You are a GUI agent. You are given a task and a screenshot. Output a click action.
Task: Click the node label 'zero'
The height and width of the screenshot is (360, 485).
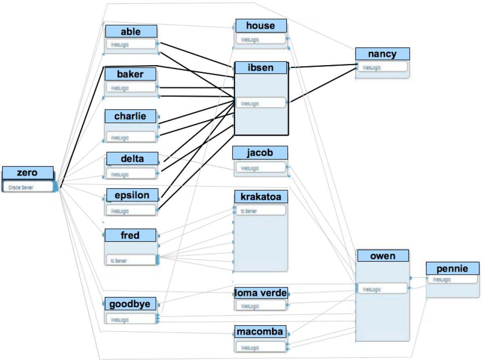[27, 173]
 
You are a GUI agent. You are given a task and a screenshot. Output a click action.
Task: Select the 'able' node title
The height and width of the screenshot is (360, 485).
[131, 32]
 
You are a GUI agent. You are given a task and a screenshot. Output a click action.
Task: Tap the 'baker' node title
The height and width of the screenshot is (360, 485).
[130, 74]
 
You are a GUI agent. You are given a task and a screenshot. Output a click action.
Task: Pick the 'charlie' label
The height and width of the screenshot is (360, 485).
[130, 116]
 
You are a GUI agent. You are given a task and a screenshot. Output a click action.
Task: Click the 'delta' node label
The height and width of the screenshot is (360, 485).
[132, 159]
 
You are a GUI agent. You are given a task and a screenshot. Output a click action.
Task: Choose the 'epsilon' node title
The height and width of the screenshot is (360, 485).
[132, 195]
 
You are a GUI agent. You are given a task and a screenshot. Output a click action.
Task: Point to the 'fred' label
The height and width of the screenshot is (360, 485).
[130, 235]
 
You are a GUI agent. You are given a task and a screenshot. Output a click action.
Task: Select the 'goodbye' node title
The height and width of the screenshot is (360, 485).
[130, 304]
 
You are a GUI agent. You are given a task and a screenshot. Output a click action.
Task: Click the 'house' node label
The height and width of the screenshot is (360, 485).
[261, 26]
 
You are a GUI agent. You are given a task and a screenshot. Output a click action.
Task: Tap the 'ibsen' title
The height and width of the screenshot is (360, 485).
[261, 68]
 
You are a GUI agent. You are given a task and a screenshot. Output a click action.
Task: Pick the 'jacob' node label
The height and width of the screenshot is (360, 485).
[260, 153]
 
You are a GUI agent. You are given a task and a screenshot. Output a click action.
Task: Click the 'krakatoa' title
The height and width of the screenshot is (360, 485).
[261, 197]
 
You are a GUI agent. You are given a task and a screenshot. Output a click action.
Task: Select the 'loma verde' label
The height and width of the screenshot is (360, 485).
[261, 293]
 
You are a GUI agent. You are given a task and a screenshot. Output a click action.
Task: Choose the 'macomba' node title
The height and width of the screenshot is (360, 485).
[261, 332]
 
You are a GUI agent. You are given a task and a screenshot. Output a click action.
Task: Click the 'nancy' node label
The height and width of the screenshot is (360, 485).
[382, 54]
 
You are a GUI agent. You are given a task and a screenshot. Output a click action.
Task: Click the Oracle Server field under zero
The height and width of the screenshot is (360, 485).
[28, 187]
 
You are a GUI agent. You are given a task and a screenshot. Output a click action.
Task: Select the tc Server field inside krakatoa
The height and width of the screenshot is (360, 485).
[261, 211]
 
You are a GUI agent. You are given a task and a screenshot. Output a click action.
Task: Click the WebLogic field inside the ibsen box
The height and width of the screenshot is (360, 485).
[261, 103]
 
